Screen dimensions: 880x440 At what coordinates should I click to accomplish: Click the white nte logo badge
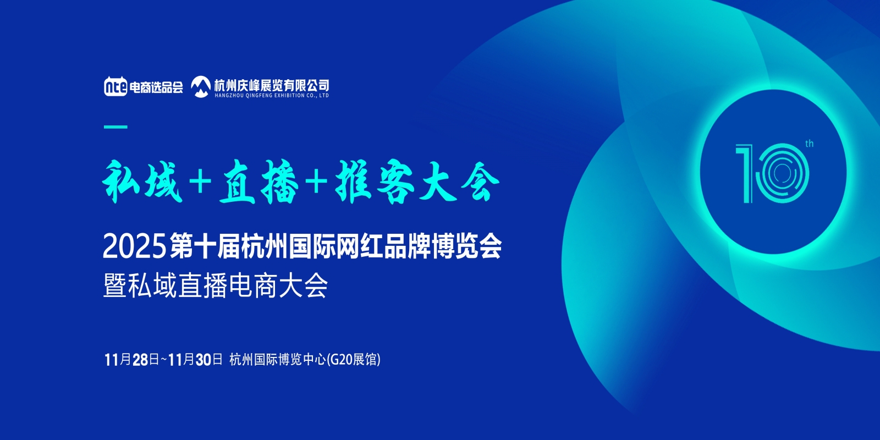116,86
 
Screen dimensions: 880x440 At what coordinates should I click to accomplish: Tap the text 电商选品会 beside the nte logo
156,87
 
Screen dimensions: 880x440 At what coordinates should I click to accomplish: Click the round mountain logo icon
201,86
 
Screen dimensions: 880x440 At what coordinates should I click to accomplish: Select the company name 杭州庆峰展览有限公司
272,85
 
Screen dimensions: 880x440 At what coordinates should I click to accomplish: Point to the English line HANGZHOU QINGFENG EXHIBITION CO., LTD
272,96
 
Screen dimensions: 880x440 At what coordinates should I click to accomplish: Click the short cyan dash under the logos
116,127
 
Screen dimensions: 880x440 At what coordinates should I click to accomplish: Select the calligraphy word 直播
259,182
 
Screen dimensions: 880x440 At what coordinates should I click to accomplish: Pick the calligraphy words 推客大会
417,182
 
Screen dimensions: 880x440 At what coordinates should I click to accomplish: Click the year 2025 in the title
134,246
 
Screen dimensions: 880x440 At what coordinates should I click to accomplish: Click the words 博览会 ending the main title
467,246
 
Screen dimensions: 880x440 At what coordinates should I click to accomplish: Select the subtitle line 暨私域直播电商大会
215,285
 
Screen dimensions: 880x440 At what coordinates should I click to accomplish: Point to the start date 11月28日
132,360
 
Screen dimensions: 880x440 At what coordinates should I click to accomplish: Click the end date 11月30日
195,360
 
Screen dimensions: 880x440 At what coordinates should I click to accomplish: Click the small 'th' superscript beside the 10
809,144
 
